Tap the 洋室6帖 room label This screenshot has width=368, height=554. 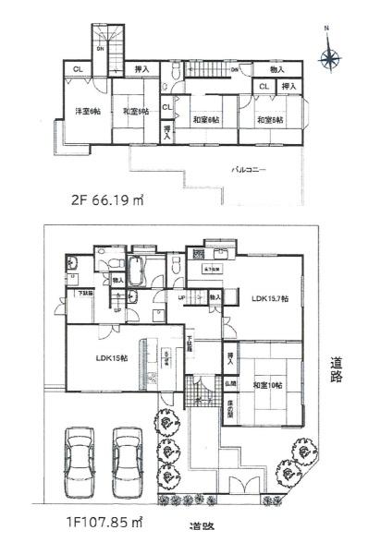point(87,114)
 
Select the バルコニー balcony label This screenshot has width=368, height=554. point(249,170)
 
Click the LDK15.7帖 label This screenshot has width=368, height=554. point(270,298)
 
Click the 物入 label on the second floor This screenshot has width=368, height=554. point(277,69)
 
